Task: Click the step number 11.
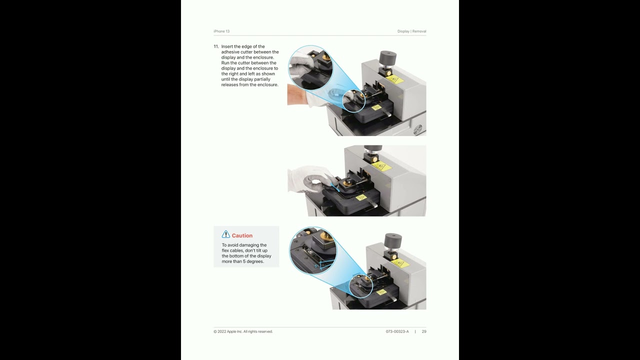(216, 46)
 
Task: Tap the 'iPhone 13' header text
(221, 31)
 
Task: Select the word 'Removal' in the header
(419, 31)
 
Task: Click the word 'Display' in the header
(403, 31)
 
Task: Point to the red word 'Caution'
(242, 235)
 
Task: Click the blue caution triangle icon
(225, 234)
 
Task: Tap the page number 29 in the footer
(424, 331)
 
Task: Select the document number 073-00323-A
(397, 331)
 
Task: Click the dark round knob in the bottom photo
(393, 240)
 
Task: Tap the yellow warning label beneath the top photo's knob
(394, 79)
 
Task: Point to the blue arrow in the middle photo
(335, 187)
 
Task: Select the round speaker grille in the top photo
(417, 130)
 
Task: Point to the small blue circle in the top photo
(353, 101)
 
